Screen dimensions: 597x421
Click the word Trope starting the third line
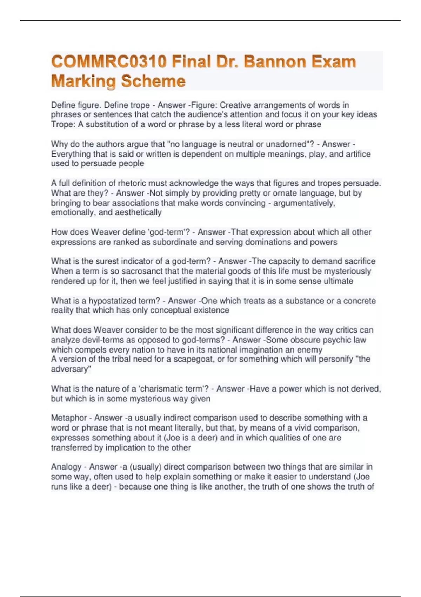tap(63, 124)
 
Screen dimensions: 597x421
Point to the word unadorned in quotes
tap(286, 144)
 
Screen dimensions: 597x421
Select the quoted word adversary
tap(71, 369)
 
